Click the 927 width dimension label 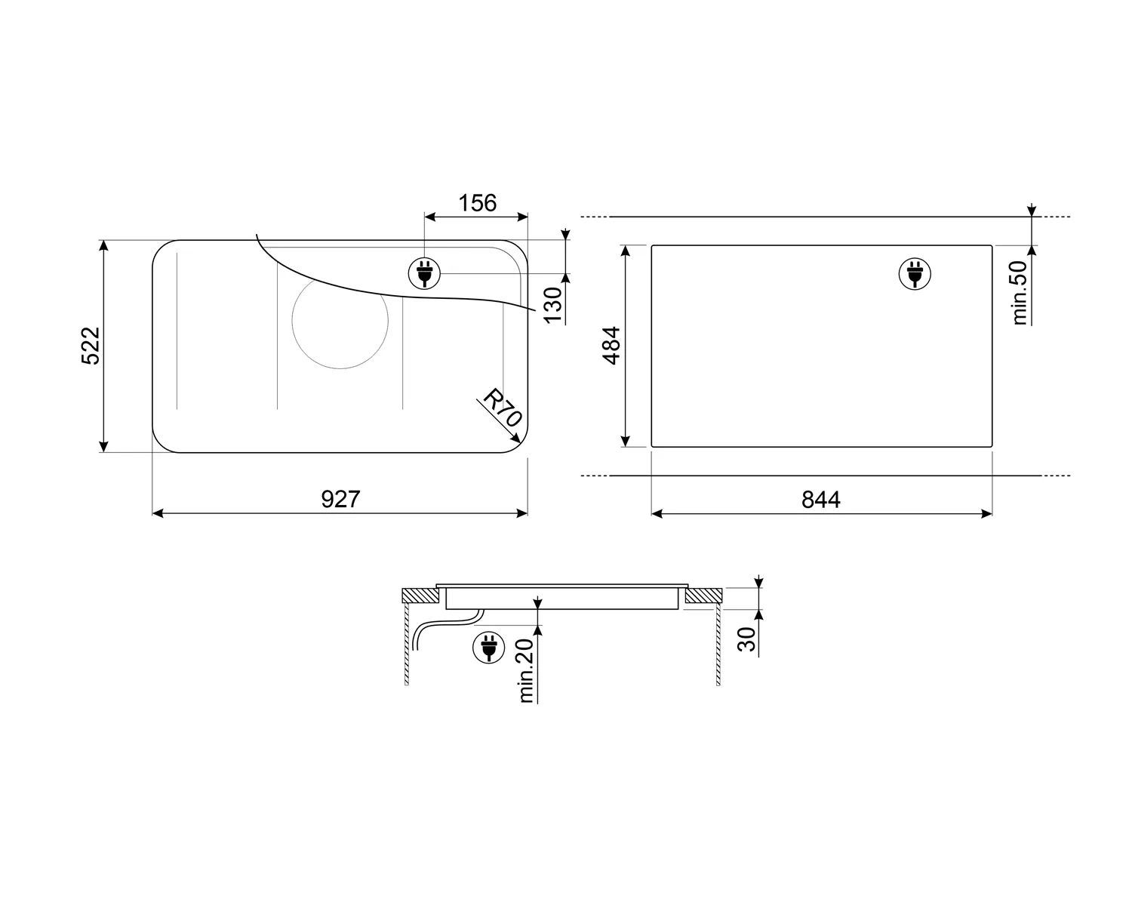pos(340,499)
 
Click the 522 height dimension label pos(91,346)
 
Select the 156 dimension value pos(477,202)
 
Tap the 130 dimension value pos(553,305)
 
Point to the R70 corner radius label pos(503,408)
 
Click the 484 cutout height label pos(612,346)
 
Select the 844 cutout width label pos(820,500)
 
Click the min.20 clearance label pos(526,671)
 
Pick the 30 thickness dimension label pos(746,639)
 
